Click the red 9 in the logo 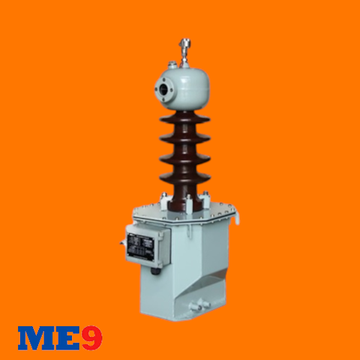(x=91, y=337)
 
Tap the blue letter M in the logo (x=34, y=338)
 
